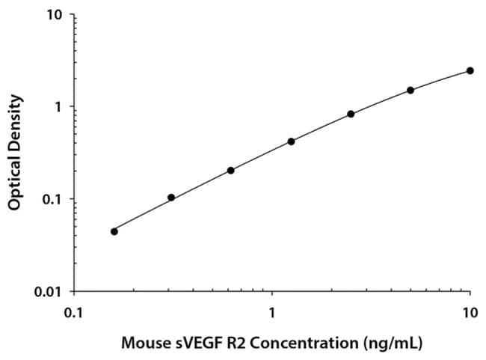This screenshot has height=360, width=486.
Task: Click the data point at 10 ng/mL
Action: pos(470,70)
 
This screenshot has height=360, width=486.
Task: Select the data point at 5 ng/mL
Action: pos(410,90)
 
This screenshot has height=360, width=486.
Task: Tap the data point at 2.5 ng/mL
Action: pos(351,114)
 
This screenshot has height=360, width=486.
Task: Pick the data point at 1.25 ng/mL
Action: pos(291,141)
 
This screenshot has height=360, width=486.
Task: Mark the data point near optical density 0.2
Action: pos(231,170)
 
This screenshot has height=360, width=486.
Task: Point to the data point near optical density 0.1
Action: pos(171,198)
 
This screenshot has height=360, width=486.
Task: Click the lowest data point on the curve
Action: pos(114,231)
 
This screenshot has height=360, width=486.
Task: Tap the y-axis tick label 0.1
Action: pos(53,199)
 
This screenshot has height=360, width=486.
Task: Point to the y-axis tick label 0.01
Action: pos(50,291)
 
